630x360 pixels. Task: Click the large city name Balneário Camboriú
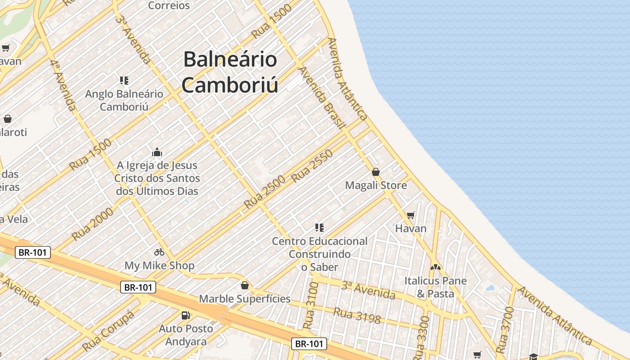[x=229, y=72]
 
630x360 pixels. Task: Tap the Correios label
[x=169, y=5]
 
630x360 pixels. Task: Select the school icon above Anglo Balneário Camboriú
[x=124, y=81]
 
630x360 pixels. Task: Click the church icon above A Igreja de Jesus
[x=157, y=152]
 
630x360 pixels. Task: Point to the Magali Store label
[x=376, y=185]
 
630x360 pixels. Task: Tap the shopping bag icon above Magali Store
[x=376, y=172]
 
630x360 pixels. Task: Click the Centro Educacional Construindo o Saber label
[x=319, y=254]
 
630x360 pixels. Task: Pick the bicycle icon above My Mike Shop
[x=159, y=252]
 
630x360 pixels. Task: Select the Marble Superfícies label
[x=245, y=299]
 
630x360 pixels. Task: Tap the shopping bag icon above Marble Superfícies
[x=245, y=285]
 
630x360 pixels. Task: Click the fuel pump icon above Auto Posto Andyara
[x=185, y=315]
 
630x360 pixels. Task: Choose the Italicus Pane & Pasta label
[x=435, y=287]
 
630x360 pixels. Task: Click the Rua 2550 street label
[x=312, y=166]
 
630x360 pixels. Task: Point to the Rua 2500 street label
[x=265, y=192]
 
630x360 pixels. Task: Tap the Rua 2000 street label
[x=93, y=224]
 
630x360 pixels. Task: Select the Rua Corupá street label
[x=108, y=331]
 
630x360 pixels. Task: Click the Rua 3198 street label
[x=357, y=315]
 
